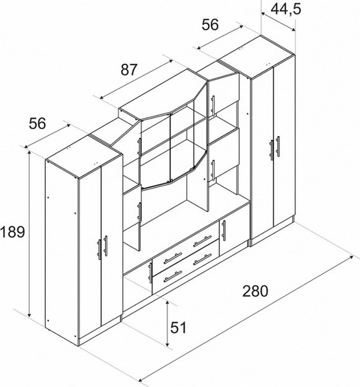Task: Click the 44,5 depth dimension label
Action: pos(286,10)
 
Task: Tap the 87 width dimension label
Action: pos(128,70)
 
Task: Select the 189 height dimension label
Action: pos(12,232)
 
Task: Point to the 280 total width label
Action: pos(255,291)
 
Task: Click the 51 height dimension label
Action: pos(179,328)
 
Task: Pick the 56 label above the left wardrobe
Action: pos(37,123)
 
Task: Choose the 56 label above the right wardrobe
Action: pos(210,25)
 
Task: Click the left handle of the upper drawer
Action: pos(173,258)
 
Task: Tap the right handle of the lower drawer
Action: pos(203,260)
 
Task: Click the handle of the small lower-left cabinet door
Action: pos(150,273)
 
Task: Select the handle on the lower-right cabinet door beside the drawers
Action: pos(224,230)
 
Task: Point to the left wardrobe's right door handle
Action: pos(106,246)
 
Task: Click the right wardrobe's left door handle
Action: pos(272,150)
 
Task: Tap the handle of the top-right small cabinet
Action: pos(213,105)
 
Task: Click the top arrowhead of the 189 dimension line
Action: pos(30,153)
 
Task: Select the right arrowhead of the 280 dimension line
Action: pos(351,257)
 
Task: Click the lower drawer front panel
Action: pos(186,267)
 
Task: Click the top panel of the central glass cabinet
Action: pos(163,94)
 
